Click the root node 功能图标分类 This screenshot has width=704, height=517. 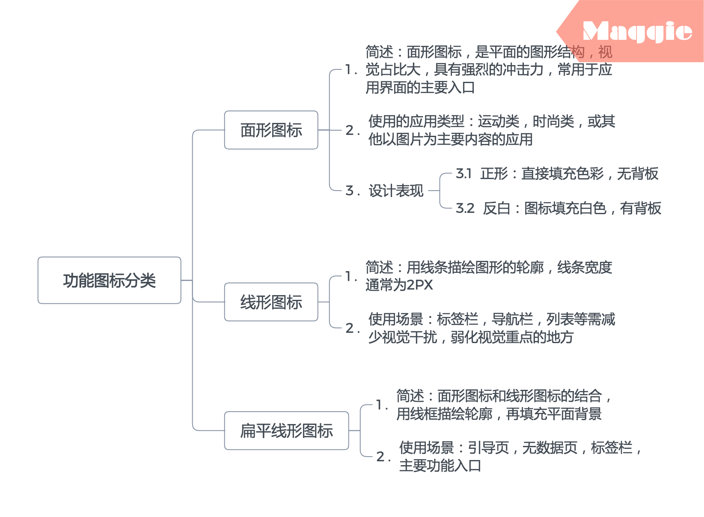(110, 281)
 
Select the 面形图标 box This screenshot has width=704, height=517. (271, 130)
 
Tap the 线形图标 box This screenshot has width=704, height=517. (271, 302)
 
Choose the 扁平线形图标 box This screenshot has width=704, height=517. (286, 431)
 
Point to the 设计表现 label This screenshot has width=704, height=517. (396, 191)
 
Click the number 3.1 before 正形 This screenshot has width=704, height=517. (463, 173)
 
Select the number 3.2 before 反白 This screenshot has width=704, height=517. (465, 208)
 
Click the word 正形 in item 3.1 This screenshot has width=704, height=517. (494, 173)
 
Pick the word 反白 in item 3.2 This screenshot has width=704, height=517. (496, 208)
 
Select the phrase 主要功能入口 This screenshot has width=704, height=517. (440, 465)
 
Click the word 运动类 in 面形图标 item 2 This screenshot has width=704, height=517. (498, 121)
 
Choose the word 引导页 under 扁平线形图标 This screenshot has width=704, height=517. (488, 448)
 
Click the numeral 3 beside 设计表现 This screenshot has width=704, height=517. (349, 191)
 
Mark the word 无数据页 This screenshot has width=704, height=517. (550, 448)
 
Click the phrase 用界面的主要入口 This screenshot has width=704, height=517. (420, 87)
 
